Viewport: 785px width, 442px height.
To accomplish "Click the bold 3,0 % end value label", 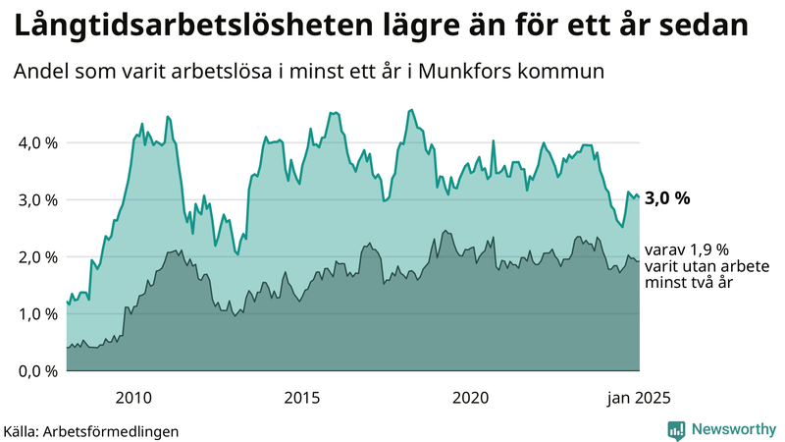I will point(667,198).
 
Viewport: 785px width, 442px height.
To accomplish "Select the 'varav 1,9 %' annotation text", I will point(687,249).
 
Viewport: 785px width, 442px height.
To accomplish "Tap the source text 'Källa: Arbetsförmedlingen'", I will point(91,430).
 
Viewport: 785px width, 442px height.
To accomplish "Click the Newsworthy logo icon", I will point(676,429).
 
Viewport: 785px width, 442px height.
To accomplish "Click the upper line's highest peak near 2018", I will point(411,109).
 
